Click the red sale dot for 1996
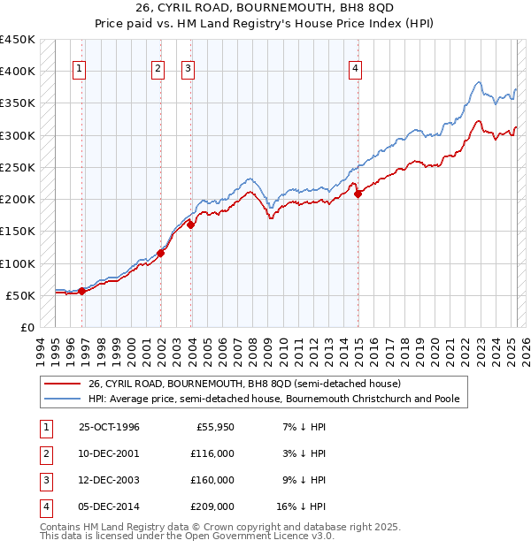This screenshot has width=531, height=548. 81,290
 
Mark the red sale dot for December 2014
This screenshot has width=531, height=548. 358,194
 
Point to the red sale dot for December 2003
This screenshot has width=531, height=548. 191,225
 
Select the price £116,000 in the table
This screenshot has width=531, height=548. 212,453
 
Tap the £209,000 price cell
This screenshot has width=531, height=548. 212,506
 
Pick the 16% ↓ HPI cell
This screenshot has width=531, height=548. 301,506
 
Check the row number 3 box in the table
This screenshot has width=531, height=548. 44,480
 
